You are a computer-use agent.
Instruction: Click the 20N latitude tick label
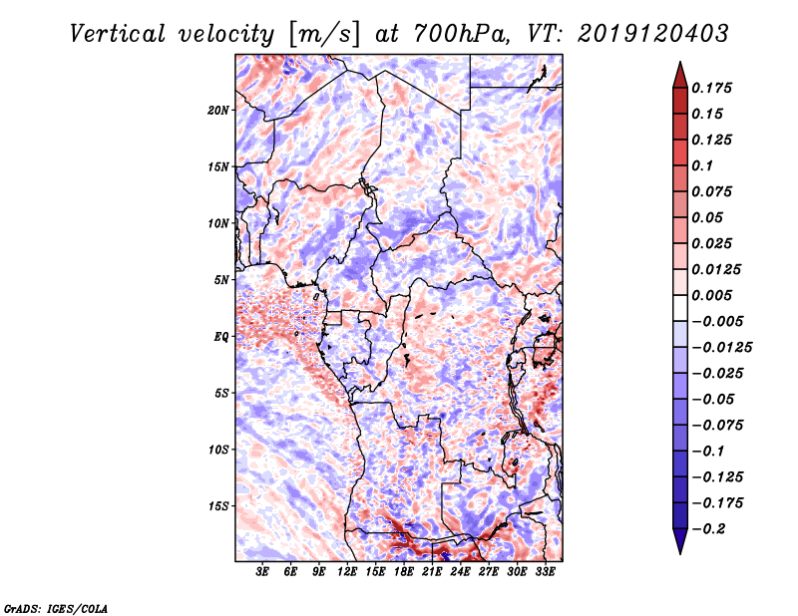(x=218, y=111)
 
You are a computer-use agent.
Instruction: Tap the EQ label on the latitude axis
(x=221, y=337)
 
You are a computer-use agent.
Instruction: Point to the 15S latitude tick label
(x=219, y=506)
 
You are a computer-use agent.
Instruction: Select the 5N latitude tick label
(x=221, y=280)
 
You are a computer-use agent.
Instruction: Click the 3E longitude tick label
(x=262, y=572)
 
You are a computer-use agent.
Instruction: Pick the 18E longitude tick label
(x=404, y=572)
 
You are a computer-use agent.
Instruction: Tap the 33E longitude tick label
(x=545, y=572)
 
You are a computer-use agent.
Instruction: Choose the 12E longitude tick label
(x=347, y=572)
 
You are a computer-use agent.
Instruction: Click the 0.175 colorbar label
(x=711, y=88)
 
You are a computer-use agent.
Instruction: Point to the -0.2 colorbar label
(x=708, y=529)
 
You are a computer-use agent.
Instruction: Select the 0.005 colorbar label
(x=711, y=295)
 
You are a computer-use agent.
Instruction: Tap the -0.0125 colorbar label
(x=721, y=348)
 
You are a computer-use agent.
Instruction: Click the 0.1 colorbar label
(x=702, y=165)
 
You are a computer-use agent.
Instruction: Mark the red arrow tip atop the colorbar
(x=680, y=62)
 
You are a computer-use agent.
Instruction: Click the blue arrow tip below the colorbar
(x=680, y=553)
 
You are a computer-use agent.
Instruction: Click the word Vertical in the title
(x=118, y=34)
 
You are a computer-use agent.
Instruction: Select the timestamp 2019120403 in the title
(x=653, y=34)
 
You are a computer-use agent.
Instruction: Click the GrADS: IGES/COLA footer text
(x=56, y=608)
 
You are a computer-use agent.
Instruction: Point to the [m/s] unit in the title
(x=326, y=35)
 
